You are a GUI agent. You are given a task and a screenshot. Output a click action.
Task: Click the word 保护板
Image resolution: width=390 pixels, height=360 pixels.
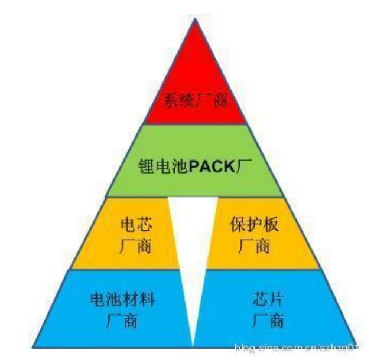255,225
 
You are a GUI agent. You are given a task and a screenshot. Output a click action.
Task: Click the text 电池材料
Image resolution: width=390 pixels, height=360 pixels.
123,300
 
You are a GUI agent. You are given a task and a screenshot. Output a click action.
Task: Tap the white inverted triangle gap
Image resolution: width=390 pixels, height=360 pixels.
193,248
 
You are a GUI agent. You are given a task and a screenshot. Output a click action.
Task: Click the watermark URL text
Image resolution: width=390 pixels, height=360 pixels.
295,348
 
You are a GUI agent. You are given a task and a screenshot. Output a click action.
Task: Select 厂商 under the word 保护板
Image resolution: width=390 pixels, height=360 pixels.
255,246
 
